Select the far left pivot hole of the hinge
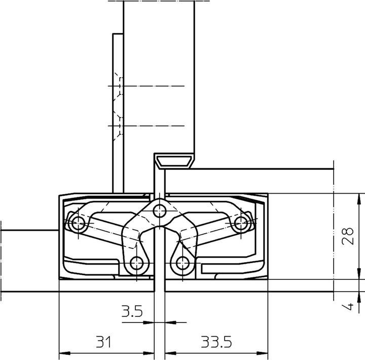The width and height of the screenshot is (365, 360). tap(78, 222)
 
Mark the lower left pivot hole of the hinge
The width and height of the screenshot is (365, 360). tap(136, 263)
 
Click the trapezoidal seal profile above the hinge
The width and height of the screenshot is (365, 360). tap(173, 162)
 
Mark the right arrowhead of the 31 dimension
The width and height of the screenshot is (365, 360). tap(151, 353)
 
